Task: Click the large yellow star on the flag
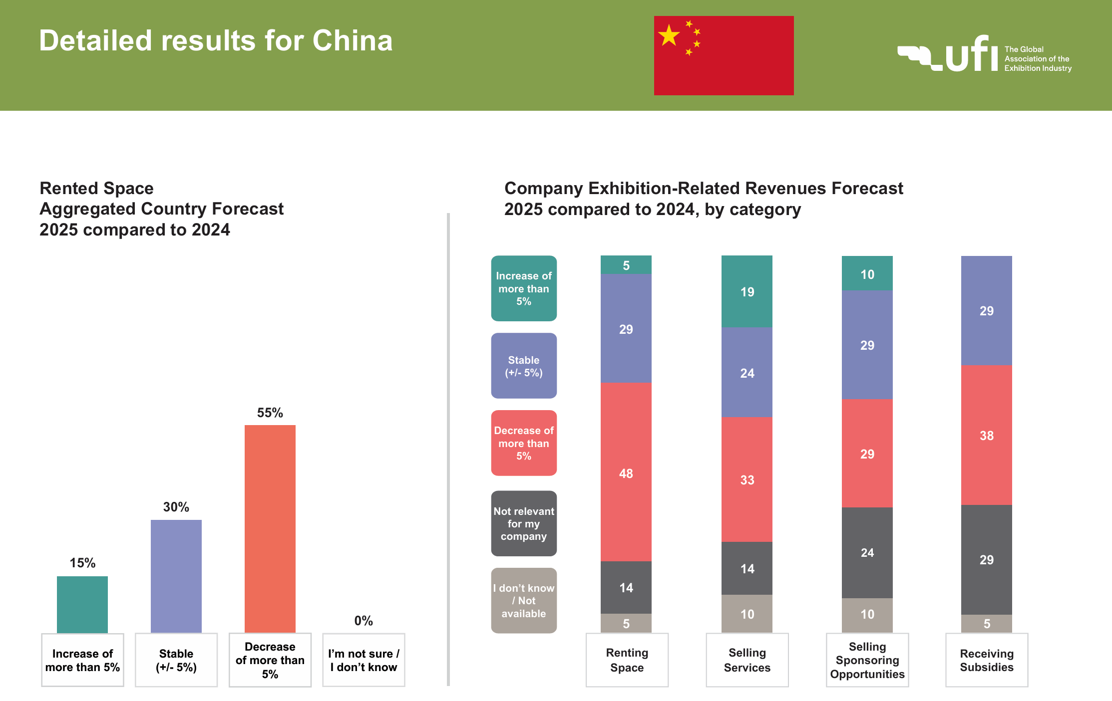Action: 669,36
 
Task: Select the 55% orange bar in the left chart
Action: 270,528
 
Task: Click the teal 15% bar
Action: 82,604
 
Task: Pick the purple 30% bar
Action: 176,576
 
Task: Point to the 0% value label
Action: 364,621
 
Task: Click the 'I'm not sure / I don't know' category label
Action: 364,660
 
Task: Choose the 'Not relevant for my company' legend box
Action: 524,523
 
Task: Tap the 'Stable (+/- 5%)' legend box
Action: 524,366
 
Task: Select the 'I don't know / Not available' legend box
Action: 524,601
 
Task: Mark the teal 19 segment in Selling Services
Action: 747,291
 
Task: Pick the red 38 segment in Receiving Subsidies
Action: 986,435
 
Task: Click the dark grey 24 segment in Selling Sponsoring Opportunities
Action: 867,552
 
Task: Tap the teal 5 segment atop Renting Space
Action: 626,265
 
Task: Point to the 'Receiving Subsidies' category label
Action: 987,660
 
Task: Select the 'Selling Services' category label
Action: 747,660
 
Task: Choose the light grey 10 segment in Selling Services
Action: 747,614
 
